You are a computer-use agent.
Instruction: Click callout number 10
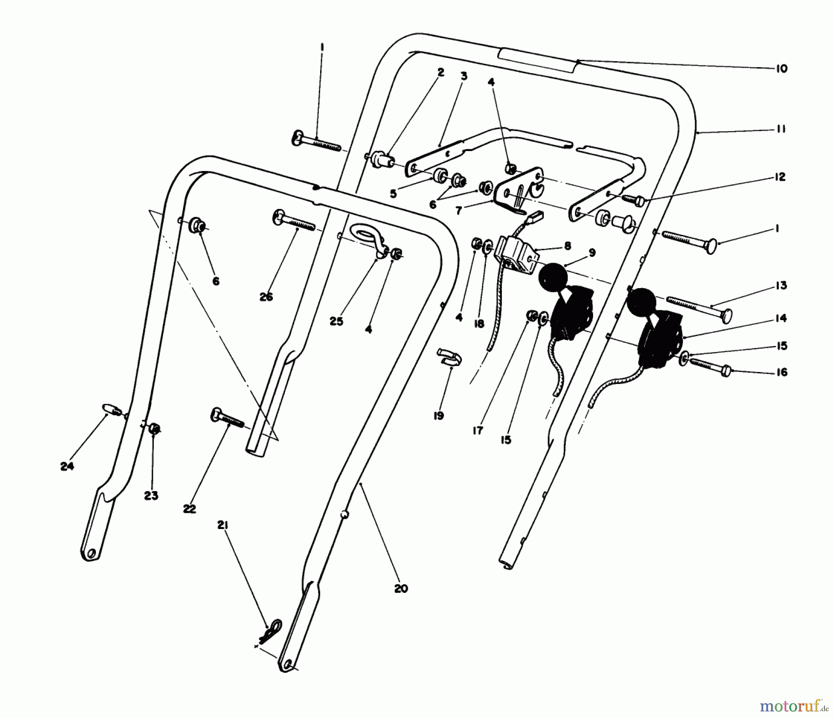pyautogui.click(x=781, y=69)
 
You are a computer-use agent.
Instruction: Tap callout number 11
pyautogui.click(x=781, y=129)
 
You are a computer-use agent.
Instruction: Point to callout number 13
pyautogui.click(x=781, y=285)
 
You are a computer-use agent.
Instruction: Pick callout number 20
pyautogui.click(x=401, y=589)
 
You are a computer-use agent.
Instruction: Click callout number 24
pyautogui.click(x=67, y=466)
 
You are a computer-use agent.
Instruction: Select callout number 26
pyautogui.click(x=266, y=297)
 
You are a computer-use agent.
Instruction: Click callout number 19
pyautogui.click(x=438, y=416)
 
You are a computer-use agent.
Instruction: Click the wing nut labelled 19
pyautogui.click(x=449, y=358)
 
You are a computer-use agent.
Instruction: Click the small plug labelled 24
pyautogui.click(x=111, y=409)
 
